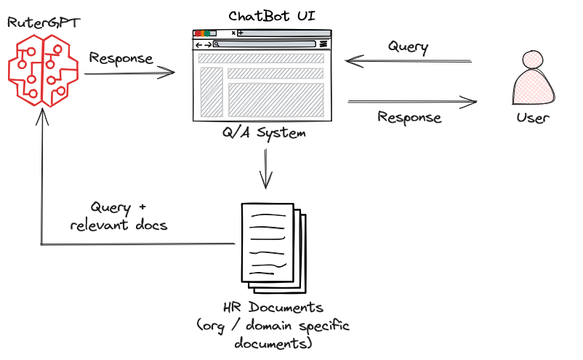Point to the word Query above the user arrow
click(x=408, y=47)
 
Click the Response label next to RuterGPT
click(x=121, y=58)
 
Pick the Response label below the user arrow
click(x=409, y=116)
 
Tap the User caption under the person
click(x=533, y=118)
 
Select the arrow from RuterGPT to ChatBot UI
click(x=131, y=71)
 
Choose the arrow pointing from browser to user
click(x=413, y=102)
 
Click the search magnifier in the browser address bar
click(x=216, y=44)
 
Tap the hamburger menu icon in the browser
click(x=323, y=44)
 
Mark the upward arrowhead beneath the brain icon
click(x=42, y=116)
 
